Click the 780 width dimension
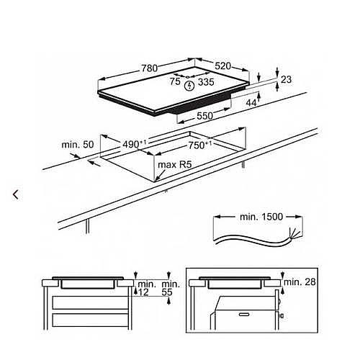point(149,68)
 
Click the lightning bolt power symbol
point(190,86)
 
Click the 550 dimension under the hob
point(205,116)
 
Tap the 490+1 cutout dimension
point(132,144)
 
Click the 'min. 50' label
point(78,145)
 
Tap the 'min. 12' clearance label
point(143,289)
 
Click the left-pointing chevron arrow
point(15,194)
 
